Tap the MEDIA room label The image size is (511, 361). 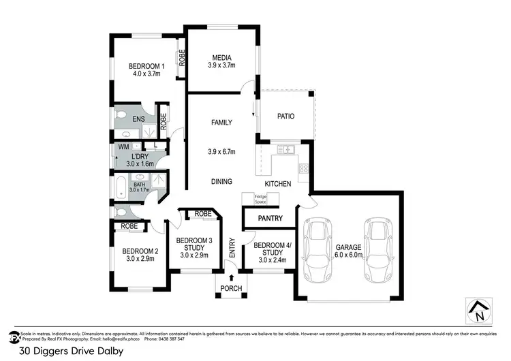pyautogui.click(x=221, y=58)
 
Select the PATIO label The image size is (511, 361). pyautogui.click(x=285, y=116)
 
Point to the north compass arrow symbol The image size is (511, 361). pyautogui.click(x=480, y=311)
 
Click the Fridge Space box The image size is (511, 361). pyautogui.click(x=260, y=199)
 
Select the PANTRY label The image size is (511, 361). pyautogui.click(x=270, y=219)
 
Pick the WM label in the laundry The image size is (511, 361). pyautogui.click(x=124, y=146)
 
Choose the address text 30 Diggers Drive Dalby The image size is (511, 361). pyautogui.click(x=72, y=352)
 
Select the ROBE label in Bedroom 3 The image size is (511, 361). pyautogui.click(x=202, y=213)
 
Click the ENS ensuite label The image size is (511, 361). pyautogui.click(x=138, y=119)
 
